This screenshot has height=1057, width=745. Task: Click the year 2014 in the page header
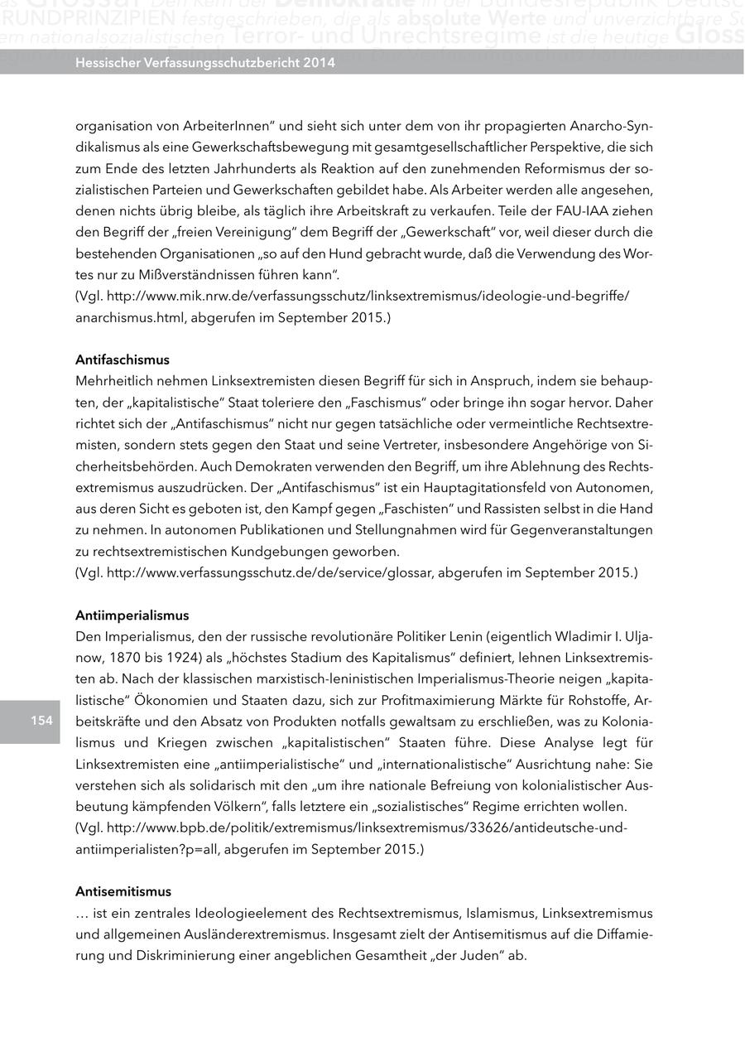pos(318,62)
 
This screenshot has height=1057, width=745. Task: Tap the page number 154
pos(42,720)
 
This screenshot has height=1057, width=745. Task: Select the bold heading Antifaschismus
pos(122,360)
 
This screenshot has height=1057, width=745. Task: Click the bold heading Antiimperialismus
pos(132,615)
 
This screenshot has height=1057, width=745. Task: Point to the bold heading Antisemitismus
pos(123,891)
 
